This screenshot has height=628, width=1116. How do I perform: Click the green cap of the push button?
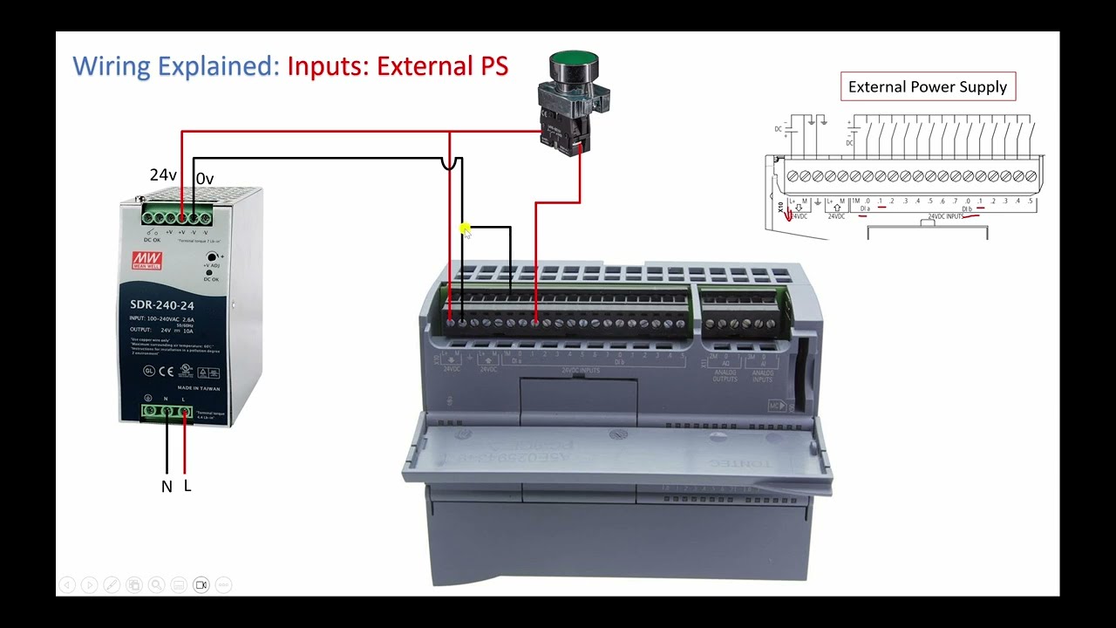[x=574, y=65]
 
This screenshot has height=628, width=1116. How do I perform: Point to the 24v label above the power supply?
[x=163, y=175]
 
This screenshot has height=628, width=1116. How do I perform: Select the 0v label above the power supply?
[x=205, y=179]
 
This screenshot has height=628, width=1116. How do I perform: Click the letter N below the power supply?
[x=167, y=487]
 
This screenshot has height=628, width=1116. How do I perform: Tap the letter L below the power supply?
[x=187, y=486]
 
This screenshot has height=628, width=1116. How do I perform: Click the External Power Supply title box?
[x=927, y=86]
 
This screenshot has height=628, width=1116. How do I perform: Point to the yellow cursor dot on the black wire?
[x=466, y=229]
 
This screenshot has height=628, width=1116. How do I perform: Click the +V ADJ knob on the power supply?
[x=211, y=256]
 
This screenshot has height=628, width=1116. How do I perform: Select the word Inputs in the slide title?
[x=327, y=65]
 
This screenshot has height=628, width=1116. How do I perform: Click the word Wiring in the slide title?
[x=109, y=65]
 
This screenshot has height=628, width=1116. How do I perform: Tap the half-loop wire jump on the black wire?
[x=450, y=163]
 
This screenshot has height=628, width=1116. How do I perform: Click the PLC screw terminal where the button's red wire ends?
[x=535, y=323]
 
